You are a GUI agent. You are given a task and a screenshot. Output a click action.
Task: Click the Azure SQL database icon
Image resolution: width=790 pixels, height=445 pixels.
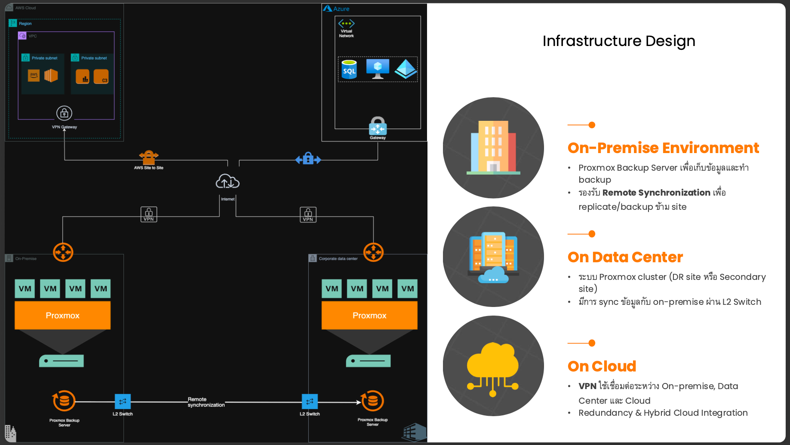(349, 69)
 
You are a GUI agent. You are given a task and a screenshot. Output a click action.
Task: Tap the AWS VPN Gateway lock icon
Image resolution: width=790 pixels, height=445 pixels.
(64, 113)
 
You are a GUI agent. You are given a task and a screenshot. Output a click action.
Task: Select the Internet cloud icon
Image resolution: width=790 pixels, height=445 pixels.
(227, 182)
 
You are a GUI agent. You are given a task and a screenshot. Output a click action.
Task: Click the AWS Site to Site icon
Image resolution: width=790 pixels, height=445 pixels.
(149, 157)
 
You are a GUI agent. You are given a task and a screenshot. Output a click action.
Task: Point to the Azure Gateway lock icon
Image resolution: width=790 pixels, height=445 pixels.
(378, 126)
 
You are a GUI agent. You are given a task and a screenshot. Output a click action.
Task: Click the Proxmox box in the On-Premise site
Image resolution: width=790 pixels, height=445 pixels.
(62, 315)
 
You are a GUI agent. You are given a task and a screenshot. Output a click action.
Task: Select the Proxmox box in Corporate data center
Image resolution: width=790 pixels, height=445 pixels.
(369, 315)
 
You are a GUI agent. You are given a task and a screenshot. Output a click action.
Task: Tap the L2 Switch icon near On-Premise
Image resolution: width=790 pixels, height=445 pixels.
(123, 402)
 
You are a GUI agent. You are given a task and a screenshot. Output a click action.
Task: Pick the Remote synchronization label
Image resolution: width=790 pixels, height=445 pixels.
(206, 402)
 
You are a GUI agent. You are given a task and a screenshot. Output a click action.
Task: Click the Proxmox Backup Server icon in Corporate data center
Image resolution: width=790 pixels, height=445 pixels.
(372, 401)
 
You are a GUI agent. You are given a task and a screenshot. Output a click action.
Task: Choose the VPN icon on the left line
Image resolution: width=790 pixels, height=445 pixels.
(149, 214)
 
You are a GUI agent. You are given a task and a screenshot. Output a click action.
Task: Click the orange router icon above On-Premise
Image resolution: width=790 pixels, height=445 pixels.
(63, 252)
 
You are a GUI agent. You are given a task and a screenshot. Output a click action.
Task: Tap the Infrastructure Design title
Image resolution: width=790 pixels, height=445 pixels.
(618, 41)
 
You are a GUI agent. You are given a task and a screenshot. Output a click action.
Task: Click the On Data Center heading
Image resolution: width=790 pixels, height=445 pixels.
(625, 257)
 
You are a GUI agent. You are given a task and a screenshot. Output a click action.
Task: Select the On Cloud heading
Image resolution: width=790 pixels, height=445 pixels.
(602, 366)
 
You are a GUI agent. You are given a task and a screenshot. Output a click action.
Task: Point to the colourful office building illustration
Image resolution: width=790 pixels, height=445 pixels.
(493, 147)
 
